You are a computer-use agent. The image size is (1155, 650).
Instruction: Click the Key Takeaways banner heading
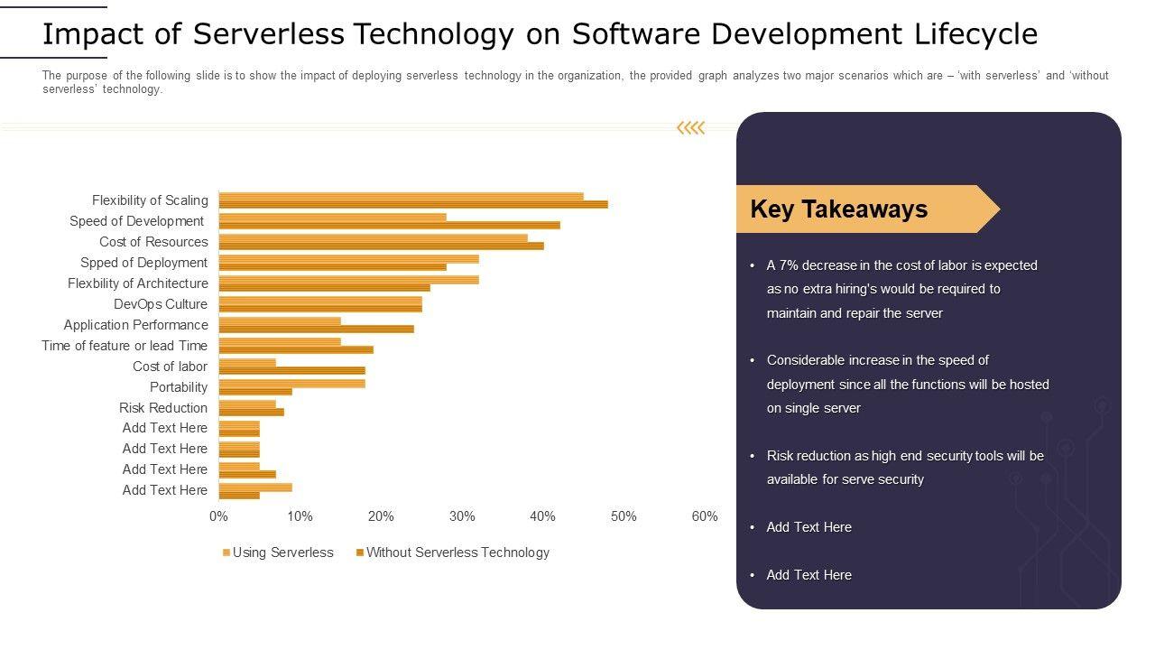coord(838,209)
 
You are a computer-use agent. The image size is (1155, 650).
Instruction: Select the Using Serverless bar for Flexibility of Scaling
coord(401,196)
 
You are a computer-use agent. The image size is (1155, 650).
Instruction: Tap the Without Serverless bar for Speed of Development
coord(389,225)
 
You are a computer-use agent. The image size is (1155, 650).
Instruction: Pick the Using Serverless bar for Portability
coord(291,383)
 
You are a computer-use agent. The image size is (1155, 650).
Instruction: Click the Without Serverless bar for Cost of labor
coord(291,370)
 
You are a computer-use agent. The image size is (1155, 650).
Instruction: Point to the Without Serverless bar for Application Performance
coord(316,329)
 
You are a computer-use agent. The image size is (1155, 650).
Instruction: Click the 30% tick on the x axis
coord(462,516)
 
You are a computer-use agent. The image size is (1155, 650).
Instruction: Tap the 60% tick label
coord(704,516)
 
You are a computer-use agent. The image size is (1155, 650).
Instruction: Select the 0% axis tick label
coord(218,516)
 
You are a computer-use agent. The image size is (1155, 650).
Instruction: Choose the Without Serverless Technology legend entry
coord(457,552)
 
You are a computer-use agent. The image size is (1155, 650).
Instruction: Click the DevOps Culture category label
coord(161,304)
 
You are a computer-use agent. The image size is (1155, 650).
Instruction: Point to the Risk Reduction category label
coord(163,408)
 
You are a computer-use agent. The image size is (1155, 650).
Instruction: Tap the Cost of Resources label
coord(153,242)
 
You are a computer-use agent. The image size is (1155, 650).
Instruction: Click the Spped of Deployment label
coord(143,263)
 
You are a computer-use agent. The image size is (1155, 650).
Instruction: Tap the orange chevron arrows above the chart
coord(690,128)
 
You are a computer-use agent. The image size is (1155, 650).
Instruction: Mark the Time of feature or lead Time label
coord(125,346)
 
